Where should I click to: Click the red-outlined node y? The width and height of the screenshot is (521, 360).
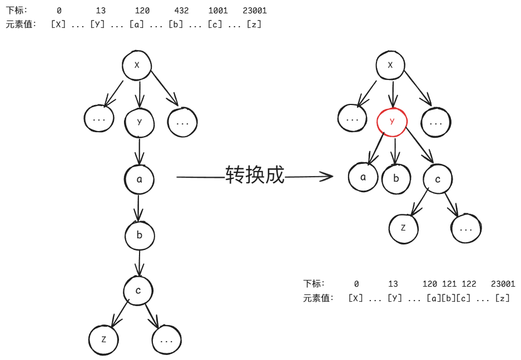pyautogui.click(x=392, y=121)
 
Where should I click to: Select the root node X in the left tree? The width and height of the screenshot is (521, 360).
pyautogui.click(x=137, y=66)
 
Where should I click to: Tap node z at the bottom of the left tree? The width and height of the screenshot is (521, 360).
pyautogui.click(x=104, y=338)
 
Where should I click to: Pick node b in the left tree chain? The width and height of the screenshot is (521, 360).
pyautogui.click(x=139, y=235)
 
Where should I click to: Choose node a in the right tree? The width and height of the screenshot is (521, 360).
pyautogui.click(x=363, y=177)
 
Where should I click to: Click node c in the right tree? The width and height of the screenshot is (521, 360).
pyautogui.click(x=438, y=179)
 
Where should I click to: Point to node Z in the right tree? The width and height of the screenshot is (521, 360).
pyautogui.click(x=403, y=228)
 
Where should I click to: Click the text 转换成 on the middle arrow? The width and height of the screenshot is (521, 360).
pyautogui.click(x=255, y=175)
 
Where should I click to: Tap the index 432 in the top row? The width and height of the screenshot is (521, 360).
pyautogui.click(x=181, y=11)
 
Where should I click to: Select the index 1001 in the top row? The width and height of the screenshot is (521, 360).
pyautogui.click(x=218, y=11)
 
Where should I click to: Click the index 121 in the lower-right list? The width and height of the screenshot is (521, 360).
pyautogui.click(x=449, y=283)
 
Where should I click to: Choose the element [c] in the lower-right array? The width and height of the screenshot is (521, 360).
pyautogui.click(x=464, y=298)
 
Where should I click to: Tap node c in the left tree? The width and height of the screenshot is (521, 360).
pyautogui.click(x=138, y=291)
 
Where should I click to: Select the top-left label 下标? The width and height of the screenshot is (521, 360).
pyautogui.click(x=17, y=11)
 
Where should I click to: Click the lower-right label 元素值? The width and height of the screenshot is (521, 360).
pyautogui.click(x=319, y=298)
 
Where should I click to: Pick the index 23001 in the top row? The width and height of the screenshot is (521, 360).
pyautogui.click(x=255, y=11)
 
